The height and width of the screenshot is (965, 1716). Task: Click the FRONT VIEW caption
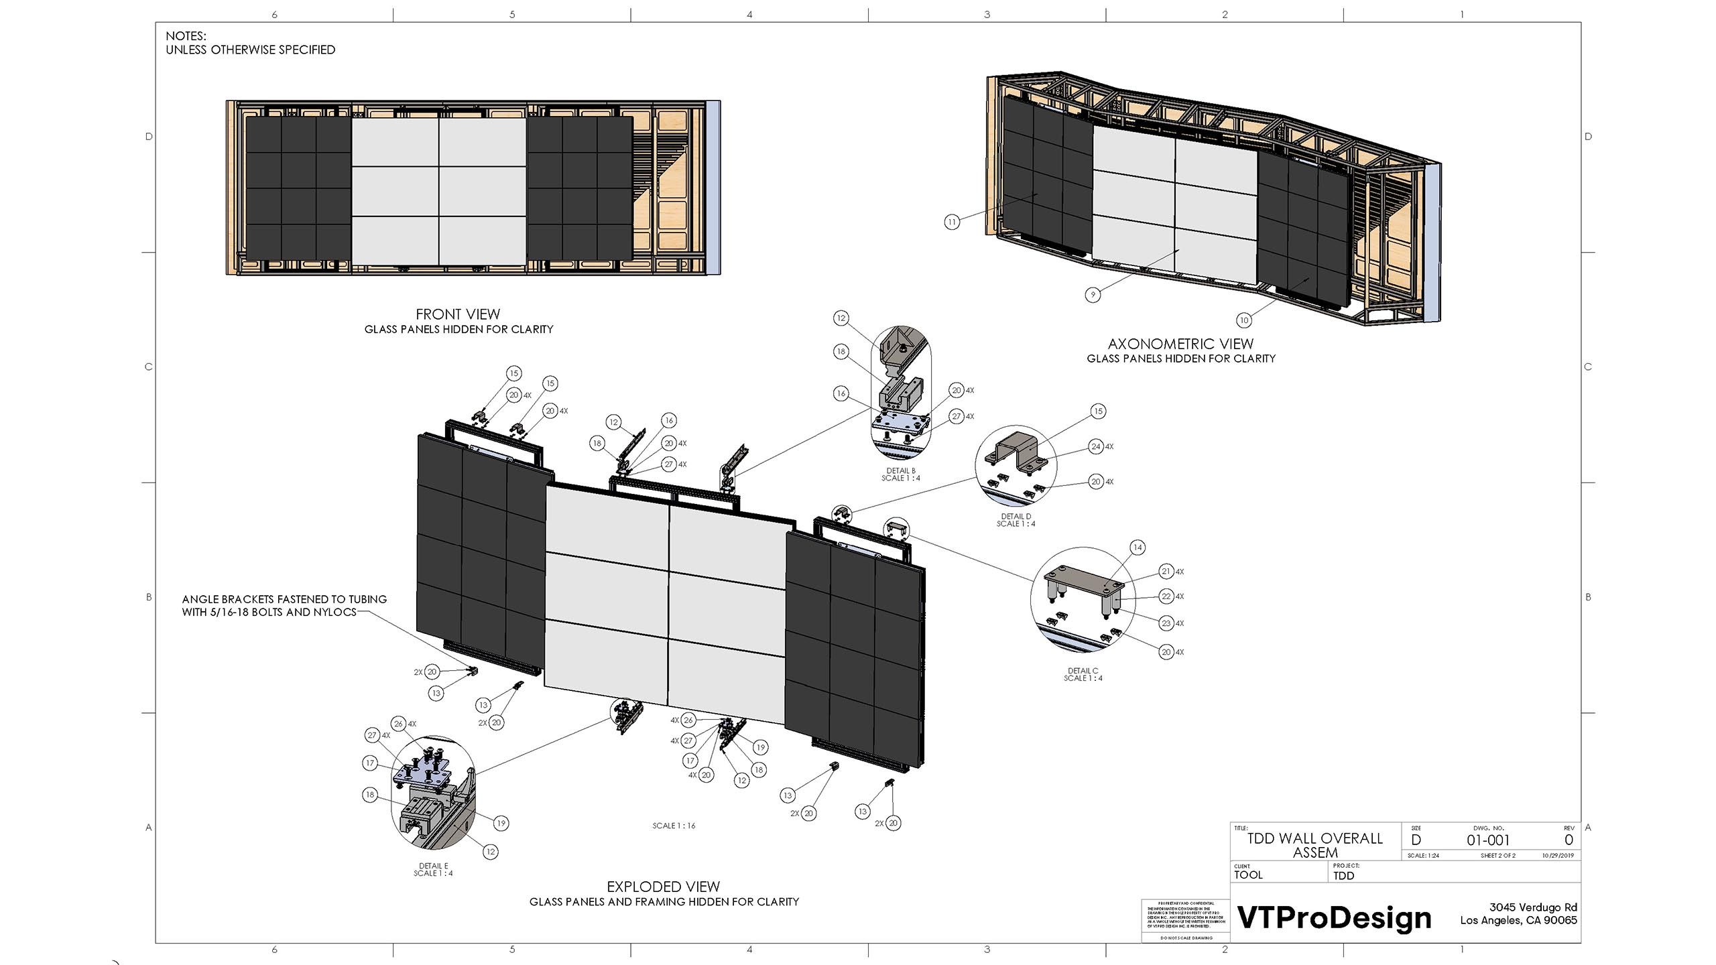pyautogui.click(x=458, y=314)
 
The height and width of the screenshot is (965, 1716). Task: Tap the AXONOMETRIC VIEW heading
pyautogui.click(x=1180, y=344)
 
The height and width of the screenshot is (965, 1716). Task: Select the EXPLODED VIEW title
pyautogui.click(x=663, y=887)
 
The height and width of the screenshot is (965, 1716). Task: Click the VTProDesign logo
pyautogui.click(x=1334, y=917)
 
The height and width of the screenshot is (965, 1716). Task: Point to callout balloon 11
pyautogui.click(x=952, y=222)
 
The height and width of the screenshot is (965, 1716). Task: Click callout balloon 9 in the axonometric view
pyautogui.click(x=1093, y=294)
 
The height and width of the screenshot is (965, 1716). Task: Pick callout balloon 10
pyautogui.click(x=1244, y=320)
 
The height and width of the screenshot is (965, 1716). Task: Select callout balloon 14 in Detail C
pyautogui.click(x=1138, y=548)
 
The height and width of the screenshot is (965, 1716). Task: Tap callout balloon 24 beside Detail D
pyautogui.click(x=1096, y=446)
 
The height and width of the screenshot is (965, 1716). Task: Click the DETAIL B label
pyautogui.click(x=901, y=471)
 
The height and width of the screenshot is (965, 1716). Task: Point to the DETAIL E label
pyautogui.click(x=433, y=866)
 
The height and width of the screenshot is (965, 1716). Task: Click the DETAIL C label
pyautogui.click(x=1083, y=671)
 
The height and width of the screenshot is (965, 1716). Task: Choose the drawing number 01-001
pyautogui.click(x=1488, y=840)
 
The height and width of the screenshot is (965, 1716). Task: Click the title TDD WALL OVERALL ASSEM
pyautogui.click(x=1314, y=845)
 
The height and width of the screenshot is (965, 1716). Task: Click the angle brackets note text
pyautogui.click(x=284, y=605)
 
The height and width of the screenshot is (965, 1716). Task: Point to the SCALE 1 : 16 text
pyautogui.click(x=674, y=826)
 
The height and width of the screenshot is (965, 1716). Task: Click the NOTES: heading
pyautogui.click(x=186, y=36)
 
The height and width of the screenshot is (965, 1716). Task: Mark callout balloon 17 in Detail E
pyautogui.click(x=370, y=763)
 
